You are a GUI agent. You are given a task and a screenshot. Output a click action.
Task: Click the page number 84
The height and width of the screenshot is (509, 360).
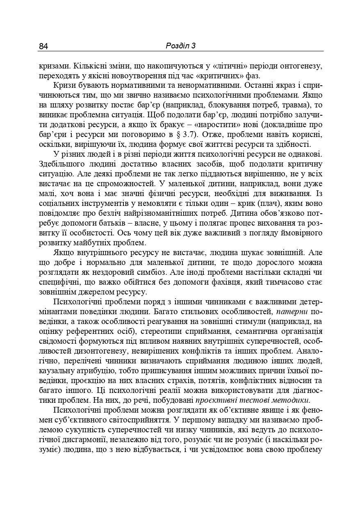(x=43, y=46)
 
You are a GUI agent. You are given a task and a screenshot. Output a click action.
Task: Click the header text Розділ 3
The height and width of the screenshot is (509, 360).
(x=181, y=46)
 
